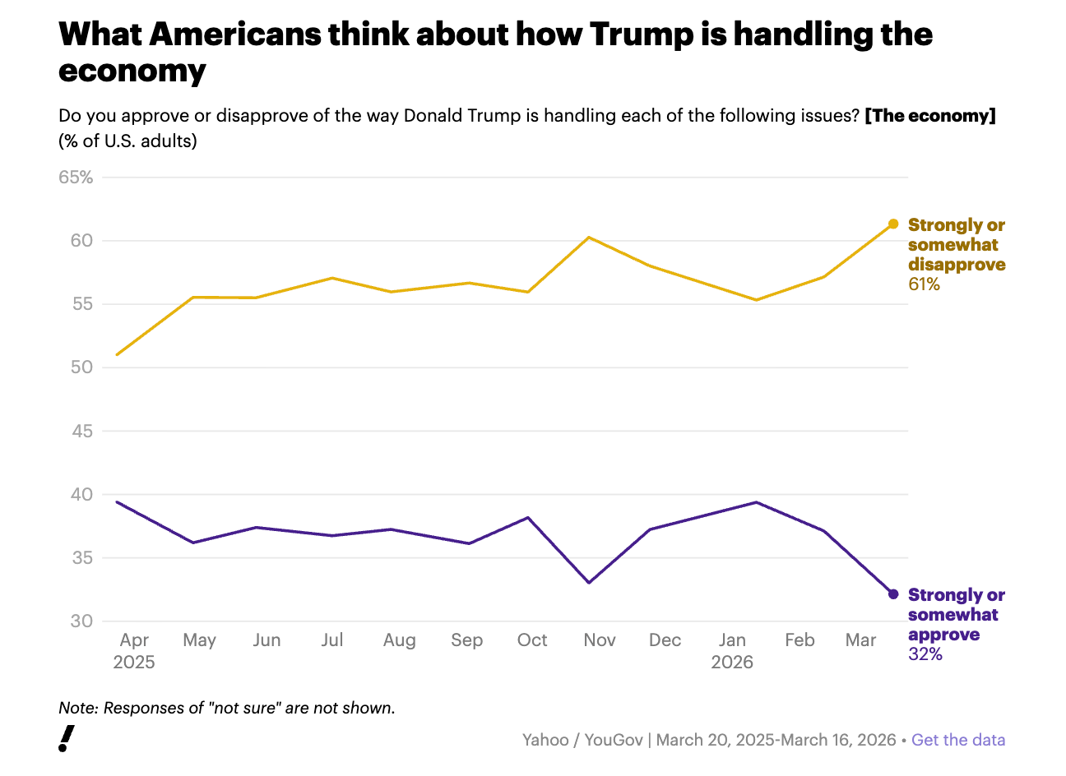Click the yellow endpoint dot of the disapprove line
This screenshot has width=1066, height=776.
click(893, 224)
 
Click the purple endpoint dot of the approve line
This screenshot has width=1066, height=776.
click(893, 594)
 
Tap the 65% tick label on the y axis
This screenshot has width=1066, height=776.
click(76, 178)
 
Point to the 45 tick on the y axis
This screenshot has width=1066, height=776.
click(81, 431)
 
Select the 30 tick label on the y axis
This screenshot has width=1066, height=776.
click(81, 621)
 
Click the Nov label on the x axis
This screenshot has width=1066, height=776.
click(600, 640)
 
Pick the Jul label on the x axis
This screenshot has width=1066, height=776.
click(332, 640)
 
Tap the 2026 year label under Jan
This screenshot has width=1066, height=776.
click(732, 663)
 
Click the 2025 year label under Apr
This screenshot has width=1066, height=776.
click(134, 663)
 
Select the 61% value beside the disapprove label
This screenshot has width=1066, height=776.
click(924, 284)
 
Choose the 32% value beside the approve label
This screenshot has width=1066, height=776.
click(925, 654)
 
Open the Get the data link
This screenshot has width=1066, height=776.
click(958, 740)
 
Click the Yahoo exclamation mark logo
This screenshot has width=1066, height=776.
click(67, 738)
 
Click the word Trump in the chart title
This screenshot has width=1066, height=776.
click(642, 35)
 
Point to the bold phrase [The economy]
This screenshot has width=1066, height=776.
click(930, 116)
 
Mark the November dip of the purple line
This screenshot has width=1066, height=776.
click(589, 583)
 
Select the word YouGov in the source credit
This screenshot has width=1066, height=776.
click(614, 740)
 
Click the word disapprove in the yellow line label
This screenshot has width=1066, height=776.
click(957, 265)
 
